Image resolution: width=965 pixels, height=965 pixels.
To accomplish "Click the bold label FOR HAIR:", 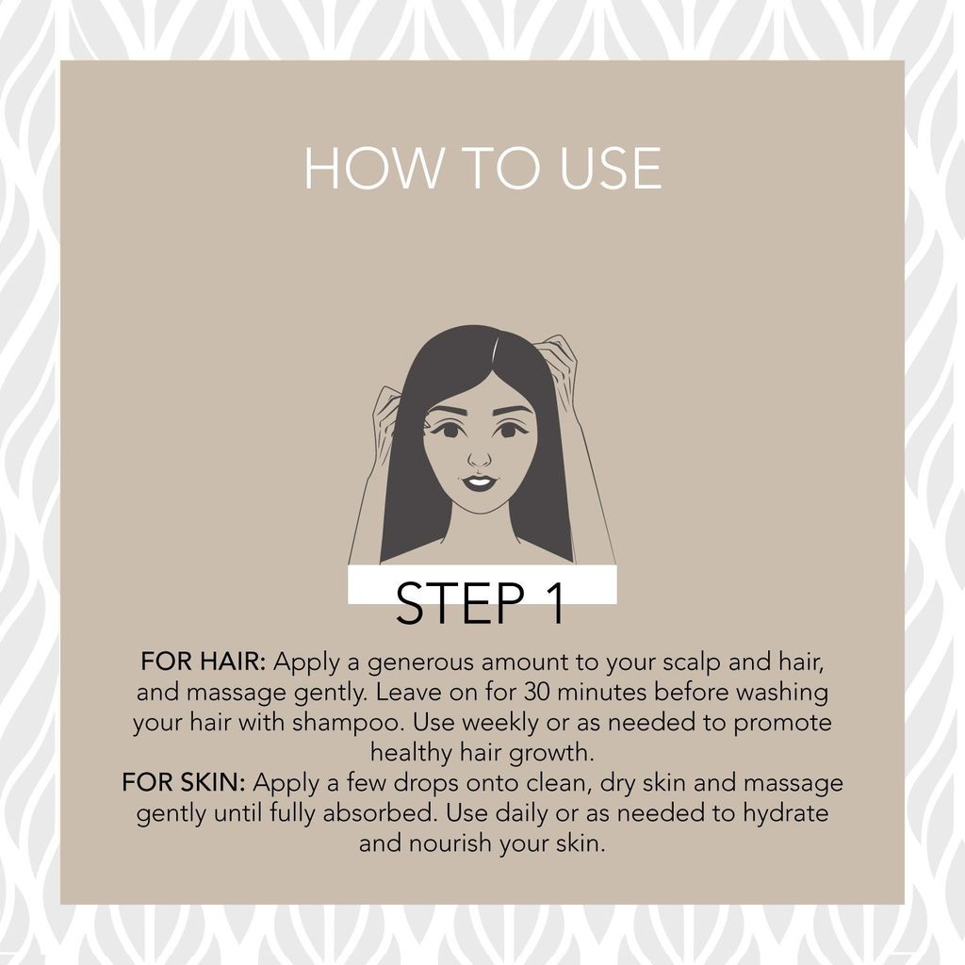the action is click(x=204, y=662).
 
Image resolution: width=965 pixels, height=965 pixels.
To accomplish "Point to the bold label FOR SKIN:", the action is click(x=184, y=782).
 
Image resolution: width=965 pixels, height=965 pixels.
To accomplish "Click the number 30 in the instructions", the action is click(x=537, y=692).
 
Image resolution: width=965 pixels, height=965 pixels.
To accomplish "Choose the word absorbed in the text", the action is click(x=380, y=813).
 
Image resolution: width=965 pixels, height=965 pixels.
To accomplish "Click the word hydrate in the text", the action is click(x=785, y=813).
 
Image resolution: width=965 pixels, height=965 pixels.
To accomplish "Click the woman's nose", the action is click(x=480, y=457).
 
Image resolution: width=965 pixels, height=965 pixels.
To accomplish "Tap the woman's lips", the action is click(x=478, y=482).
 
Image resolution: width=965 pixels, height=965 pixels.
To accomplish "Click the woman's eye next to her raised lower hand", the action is click(x=450, y=430).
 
